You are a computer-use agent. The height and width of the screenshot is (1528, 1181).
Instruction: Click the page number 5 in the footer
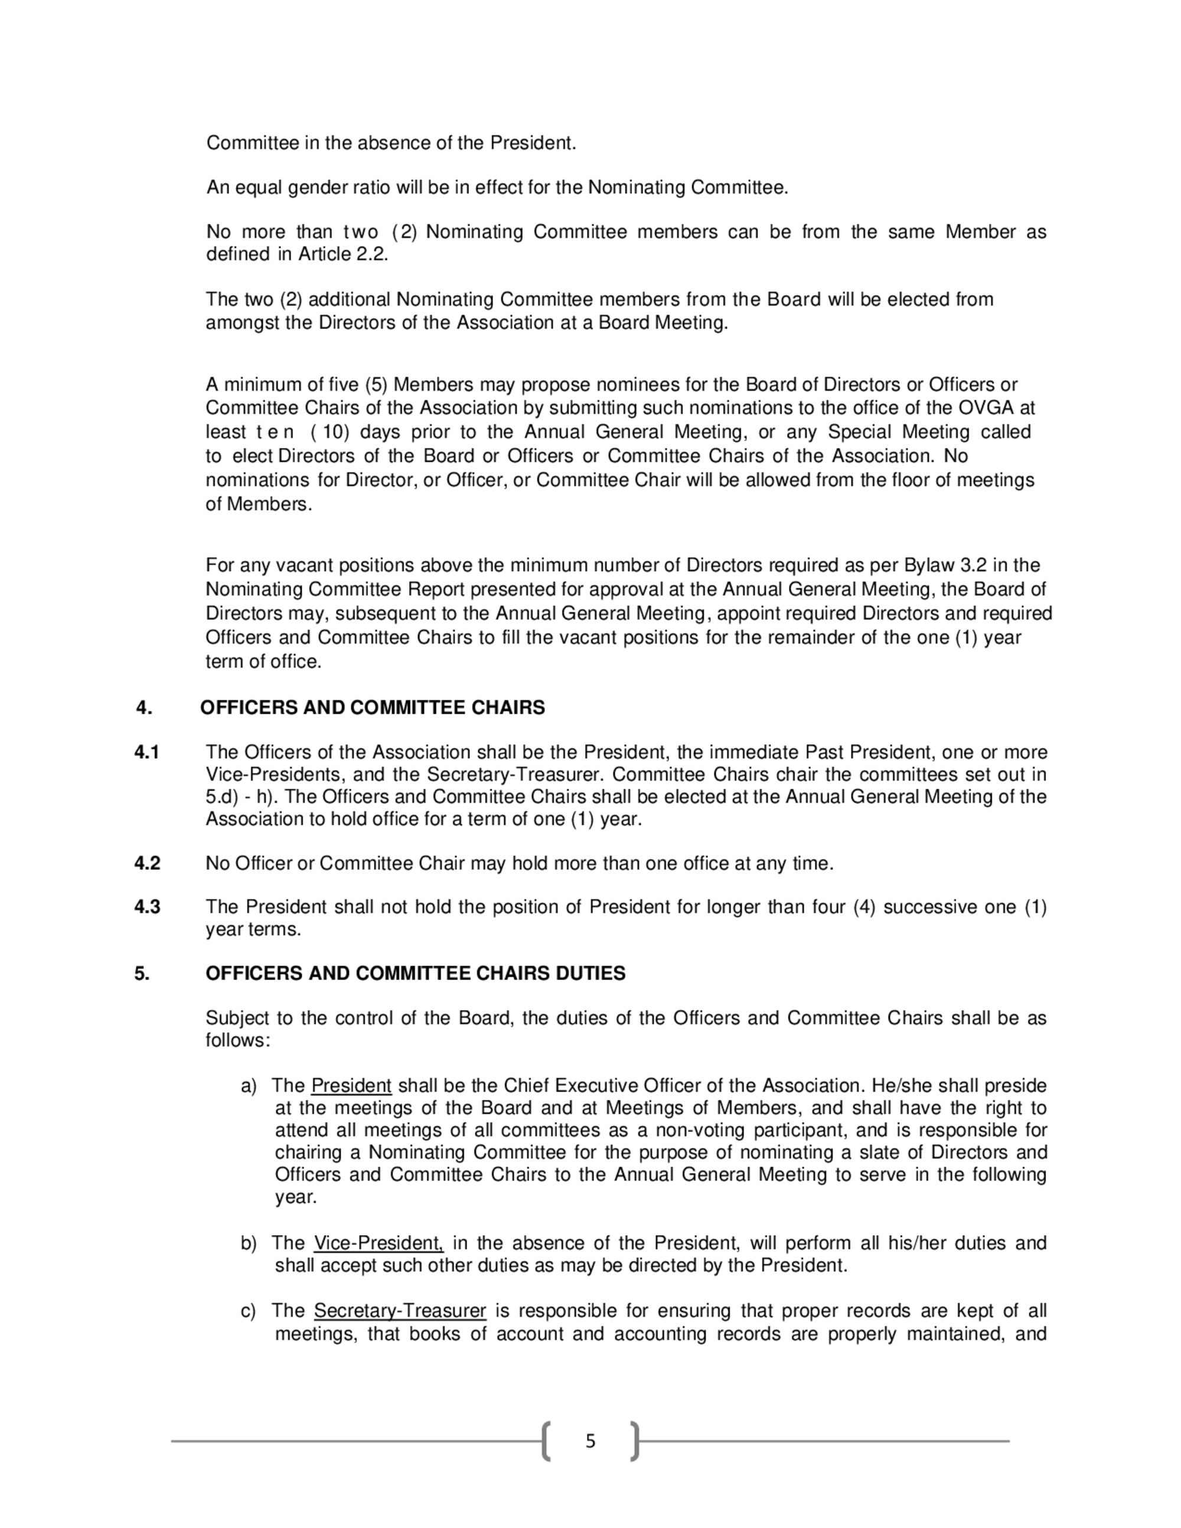tap(590, 1441)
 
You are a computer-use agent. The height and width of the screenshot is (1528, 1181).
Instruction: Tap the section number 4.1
tap(147, 752)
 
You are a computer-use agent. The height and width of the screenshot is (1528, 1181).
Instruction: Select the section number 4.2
tap(147, 863)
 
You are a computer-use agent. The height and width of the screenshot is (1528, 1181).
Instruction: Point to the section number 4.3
tap(147, 907)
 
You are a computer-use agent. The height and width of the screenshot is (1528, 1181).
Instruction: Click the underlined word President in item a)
tap(351, 1086)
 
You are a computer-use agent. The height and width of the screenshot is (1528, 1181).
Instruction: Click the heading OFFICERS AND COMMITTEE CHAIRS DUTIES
tap(415, 973)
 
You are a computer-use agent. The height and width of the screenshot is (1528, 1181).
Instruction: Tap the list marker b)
tap(249, 1243)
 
